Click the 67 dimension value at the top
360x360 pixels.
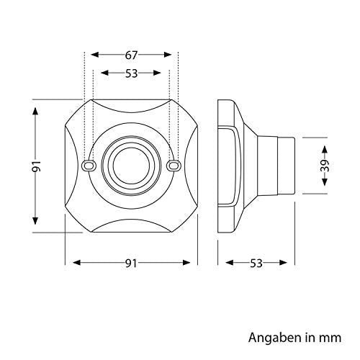(131, 55)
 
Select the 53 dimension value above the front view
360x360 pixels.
(131, 73)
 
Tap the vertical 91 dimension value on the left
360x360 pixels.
(37, 166)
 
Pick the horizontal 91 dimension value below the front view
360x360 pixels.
(131, 264)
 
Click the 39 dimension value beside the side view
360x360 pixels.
(325, 166)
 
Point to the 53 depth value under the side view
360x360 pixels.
(256, 264)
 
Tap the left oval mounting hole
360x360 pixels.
(89, 166)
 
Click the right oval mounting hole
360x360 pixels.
(174, 166)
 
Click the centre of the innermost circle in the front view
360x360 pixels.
(131, 166)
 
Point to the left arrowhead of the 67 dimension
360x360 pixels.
(95, 55)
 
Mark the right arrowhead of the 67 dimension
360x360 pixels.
(167, 55)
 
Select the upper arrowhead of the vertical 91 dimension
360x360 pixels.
(35, 112)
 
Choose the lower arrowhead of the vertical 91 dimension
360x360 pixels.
(35, 220)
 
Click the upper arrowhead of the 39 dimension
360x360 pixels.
(325, 150)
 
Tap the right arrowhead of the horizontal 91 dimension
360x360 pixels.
(186, 263)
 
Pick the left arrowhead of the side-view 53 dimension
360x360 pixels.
(230, 263)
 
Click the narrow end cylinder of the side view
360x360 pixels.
(286, 166)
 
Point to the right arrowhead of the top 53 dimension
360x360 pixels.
(157, 73)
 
